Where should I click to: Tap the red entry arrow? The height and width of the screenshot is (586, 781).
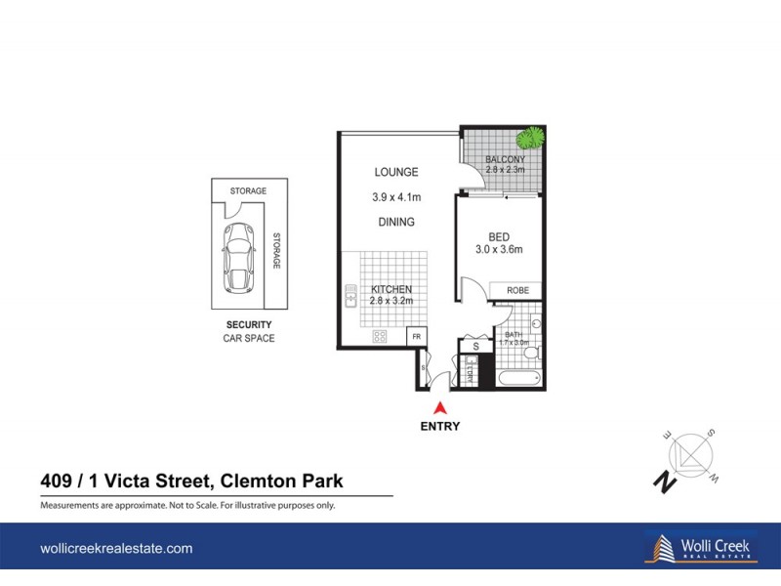click(x=440, y=408)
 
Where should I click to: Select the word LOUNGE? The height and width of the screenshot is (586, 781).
click(x=395, y=173)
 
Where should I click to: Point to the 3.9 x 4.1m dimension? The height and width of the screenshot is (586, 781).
click(x=395, y=197)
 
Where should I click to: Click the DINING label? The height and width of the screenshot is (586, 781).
click(x=395, y=222)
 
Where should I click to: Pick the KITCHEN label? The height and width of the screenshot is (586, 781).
click(x=390, y=289)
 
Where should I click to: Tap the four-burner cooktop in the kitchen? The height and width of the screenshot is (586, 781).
click(x=379, y=336)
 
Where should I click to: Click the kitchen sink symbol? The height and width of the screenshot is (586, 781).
click(x=348, y=292)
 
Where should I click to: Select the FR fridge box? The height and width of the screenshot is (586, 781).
click(x=415, y=336)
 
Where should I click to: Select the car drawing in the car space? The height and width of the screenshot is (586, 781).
click(x=239, y=257)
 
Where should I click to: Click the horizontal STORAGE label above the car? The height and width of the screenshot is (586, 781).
click(x=249, y=191)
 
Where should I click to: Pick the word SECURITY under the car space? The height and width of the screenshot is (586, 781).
click(x=249, y=324)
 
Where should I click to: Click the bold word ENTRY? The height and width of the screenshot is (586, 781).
click(x=440, y=426)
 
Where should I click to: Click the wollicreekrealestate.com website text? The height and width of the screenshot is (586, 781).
click(x=116, y=549)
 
